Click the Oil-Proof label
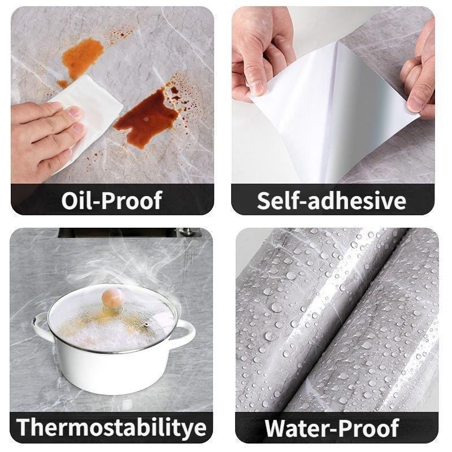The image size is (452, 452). pyautogui.click(x=112, y=200)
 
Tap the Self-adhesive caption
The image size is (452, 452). pyautogui.click(x=332, y=200)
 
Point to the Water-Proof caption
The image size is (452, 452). pyautogui.click(x=332, y=428)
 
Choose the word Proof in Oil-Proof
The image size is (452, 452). pyautogui.click(x=134, y=200)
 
